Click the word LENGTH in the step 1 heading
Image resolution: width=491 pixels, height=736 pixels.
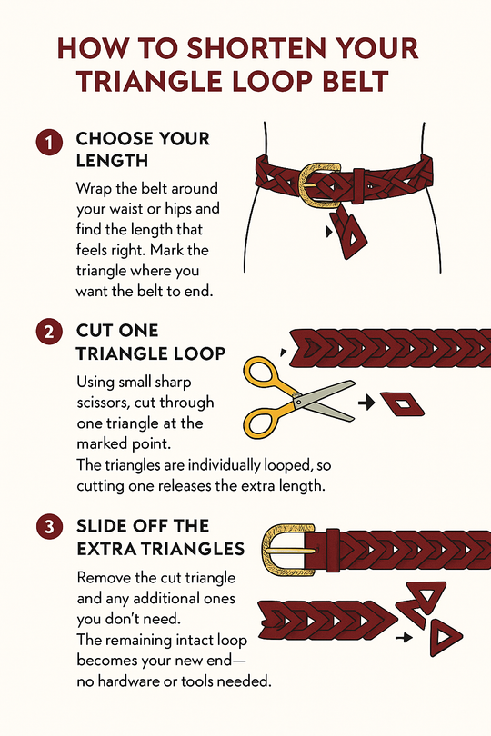click(114, 163)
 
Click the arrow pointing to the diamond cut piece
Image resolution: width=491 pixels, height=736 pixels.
click(367, 401)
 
